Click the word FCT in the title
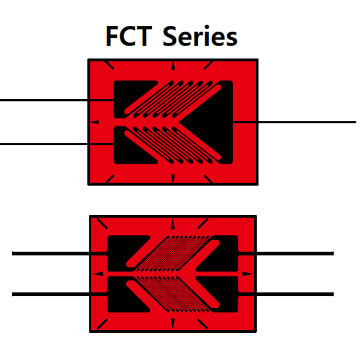coord(129,36)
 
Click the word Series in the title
coord(200,35)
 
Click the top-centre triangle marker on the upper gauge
coord(173,65)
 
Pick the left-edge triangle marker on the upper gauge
coord(94,122)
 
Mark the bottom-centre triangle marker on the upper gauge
coord(173,179)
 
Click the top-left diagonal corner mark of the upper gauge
coord(109,65)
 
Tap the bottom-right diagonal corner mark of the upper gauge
coord(208,179)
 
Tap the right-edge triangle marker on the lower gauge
coord(248,274)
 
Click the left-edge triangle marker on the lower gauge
coord(98,274)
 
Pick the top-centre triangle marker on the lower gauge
coord(173,224)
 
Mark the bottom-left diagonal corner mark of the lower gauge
coord(102,324)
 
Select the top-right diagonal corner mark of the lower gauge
coord(203,224)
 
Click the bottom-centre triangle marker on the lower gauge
coord(173,323)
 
